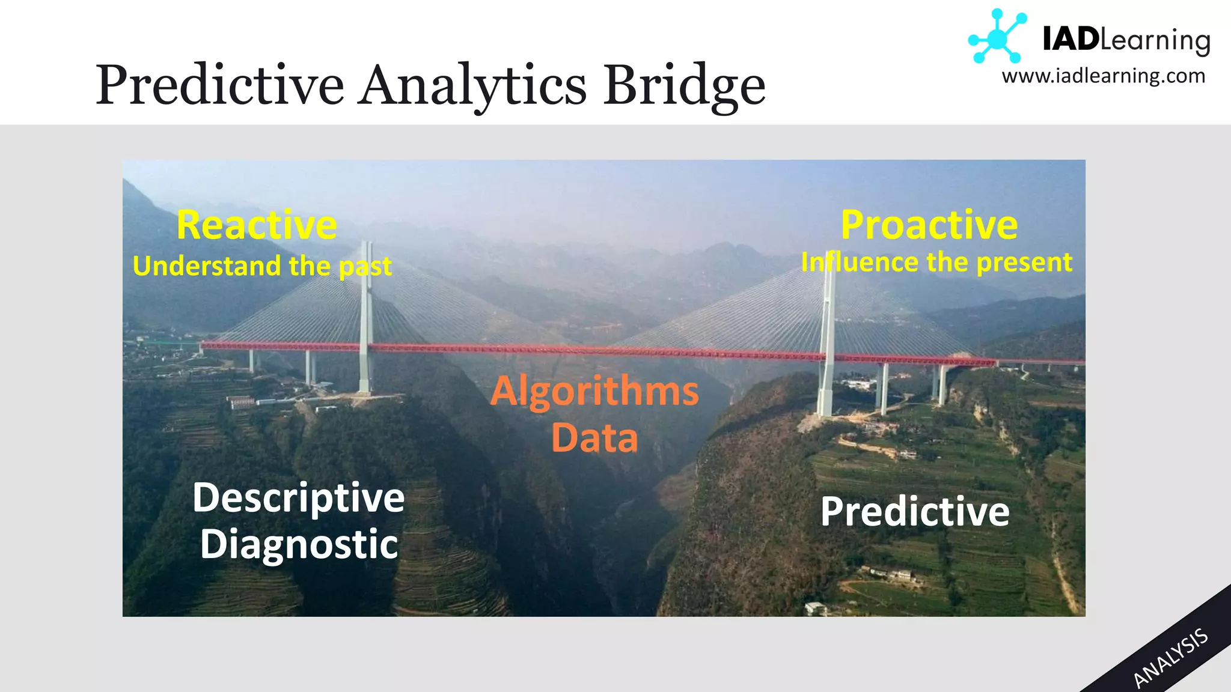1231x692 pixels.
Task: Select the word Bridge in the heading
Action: [x=684, y=85]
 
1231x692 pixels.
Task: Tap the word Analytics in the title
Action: [x=473, y=85]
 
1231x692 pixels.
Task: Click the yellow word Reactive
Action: [x=257, y=225]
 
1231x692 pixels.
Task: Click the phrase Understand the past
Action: [x=262, y=266]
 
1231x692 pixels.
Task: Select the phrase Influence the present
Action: [x=936, y=263]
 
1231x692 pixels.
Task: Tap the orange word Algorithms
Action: [x=594, y=391]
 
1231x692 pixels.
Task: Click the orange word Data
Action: [x=594, y=437]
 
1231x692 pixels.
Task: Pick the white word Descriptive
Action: [x=299, y=498]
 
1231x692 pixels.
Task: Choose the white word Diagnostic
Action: [x=299, y=544]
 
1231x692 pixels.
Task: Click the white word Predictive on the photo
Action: [x=915, y=512]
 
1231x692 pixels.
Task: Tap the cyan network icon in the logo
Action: [x=997, y=38]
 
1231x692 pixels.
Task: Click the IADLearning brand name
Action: [x=1125, y=40]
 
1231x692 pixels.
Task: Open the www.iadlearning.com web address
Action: [x=1104, y=76]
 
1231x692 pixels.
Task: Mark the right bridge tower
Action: [x=828, y=336]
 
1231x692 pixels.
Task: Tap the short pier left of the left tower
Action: [x=310, y=366]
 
